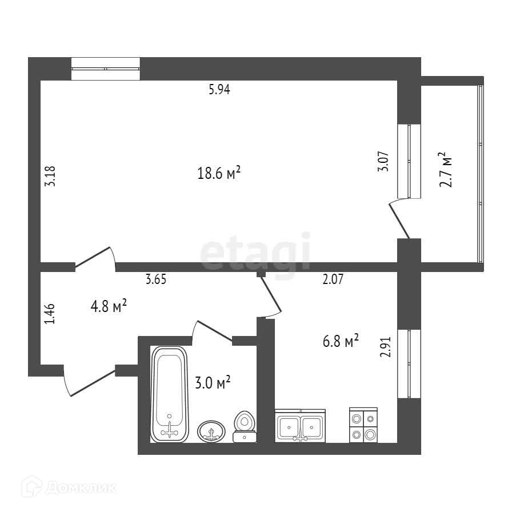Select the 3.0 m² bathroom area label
(213, 382)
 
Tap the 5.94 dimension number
(219, 89)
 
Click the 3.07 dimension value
(384, 162)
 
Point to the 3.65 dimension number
(157, 279)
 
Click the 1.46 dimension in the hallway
(50, 314)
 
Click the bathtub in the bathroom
(169, 394)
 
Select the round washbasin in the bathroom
(211, 431)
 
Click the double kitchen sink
(300, 426)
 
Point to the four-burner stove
(363, 426)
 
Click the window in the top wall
(106, 69)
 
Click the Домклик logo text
(80, 487)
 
